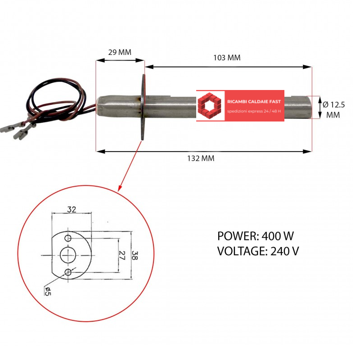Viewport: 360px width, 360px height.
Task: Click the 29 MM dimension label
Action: click(120, 52)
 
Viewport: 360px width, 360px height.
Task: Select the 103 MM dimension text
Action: click(227, 58)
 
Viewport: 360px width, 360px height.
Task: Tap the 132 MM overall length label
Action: click(201, 158)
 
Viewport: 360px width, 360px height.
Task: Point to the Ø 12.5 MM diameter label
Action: click(333, 110)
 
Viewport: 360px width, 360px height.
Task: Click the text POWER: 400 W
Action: click(255, 236)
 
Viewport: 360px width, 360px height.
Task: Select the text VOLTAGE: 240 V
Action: click(258, 251)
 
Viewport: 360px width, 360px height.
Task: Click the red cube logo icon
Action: click(209, 105)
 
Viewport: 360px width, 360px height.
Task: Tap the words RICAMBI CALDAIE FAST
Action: click(254, 102)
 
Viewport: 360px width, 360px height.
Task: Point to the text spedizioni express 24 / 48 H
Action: click(254, 111)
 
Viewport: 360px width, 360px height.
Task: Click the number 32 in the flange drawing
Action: click(72, 209)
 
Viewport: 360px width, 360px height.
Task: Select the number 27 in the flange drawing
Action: click(122, 255)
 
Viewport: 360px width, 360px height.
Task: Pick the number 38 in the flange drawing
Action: click(135, 255)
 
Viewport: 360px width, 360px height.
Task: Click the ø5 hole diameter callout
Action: click(48, 291)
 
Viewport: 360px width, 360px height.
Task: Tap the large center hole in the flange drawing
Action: click(68, 255)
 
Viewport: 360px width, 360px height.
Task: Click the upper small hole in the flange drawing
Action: click(68, 238)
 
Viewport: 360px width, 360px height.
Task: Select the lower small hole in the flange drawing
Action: click(68, 272)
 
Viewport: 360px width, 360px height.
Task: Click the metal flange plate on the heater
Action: click(143, 107)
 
